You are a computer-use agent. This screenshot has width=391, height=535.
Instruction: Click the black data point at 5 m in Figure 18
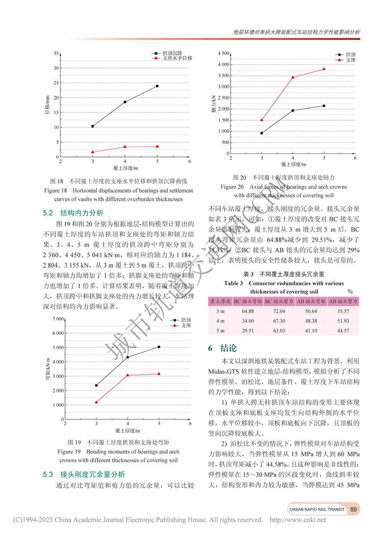157,86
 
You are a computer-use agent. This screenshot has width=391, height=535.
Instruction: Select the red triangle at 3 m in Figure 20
262,120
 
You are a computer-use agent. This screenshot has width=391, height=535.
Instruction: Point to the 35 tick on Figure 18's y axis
56,53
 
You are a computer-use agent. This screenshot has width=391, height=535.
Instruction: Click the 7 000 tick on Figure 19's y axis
58,319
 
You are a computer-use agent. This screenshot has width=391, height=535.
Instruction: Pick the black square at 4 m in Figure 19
128,357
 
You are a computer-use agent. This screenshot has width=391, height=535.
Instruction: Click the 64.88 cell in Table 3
248,311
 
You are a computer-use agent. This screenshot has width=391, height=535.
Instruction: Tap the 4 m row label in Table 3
220,321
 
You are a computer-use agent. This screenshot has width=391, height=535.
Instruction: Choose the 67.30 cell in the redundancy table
279,321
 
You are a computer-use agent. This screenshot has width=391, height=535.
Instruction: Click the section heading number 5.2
47,213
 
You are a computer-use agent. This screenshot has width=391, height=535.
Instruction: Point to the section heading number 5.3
47,474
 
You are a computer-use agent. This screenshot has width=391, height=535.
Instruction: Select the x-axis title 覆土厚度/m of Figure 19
128,431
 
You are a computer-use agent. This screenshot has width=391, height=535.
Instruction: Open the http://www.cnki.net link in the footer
298,520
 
